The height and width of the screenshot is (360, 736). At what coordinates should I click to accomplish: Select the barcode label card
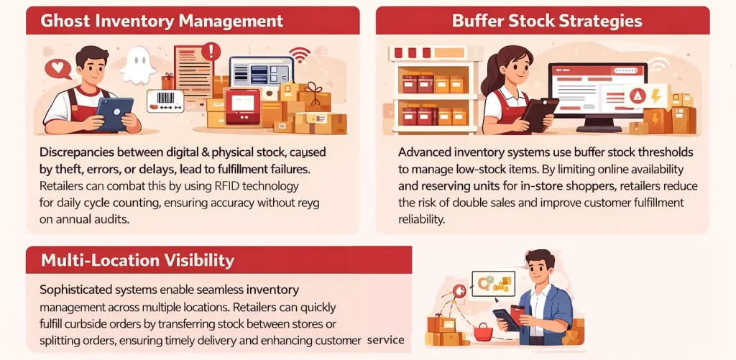(x=166, y=100)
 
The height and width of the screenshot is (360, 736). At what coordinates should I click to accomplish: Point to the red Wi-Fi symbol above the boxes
(x=300, y=55)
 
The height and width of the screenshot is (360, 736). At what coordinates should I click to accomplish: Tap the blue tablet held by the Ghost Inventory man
(x=114, y=114)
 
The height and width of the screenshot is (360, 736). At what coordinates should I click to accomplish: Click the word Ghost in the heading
(x=65, y=21)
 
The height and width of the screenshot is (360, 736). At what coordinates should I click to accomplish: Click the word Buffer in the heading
(x=477, y=21)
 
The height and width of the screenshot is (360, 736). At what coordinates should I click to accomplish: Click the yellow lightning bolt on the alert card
(x=655, y=96)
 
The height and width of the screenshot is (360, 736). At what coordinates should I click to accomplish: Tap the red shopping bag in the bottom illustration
(x=484, y=331)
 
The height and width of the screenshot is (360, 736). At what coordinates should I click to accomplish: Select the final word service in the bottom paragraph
(x=385, y=340)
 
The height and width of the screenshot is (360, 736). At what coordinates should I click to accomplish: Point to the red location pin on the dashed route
(x=460, y=292)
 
